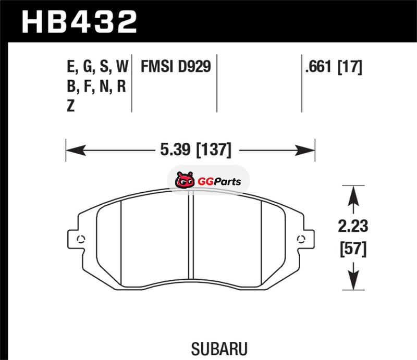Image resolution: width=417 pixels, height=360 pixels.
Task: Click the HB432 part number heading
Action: [79, 22]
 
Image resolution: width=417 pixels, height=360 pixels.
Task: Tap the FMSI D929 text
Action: [176, 66]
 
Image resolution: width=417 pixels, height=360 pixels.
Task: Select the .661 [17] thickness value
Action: [334, 67]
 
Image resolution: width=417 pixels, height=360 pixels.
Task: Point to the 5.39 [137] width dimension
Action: [196, 150]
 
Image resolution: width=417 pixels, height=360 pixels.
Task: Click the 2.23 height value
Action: [353, 226]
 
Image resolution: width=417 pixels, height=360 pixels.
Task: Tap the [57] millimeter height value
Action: [353, 249]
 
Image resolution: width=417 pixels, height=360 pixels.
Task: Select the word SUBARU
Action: [219, 349]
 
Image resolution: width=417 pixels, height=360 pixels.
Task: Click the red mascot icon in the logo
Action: [185, 180]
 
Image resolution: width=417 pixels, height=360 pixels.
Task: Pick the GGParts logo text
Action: [219, 182]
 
